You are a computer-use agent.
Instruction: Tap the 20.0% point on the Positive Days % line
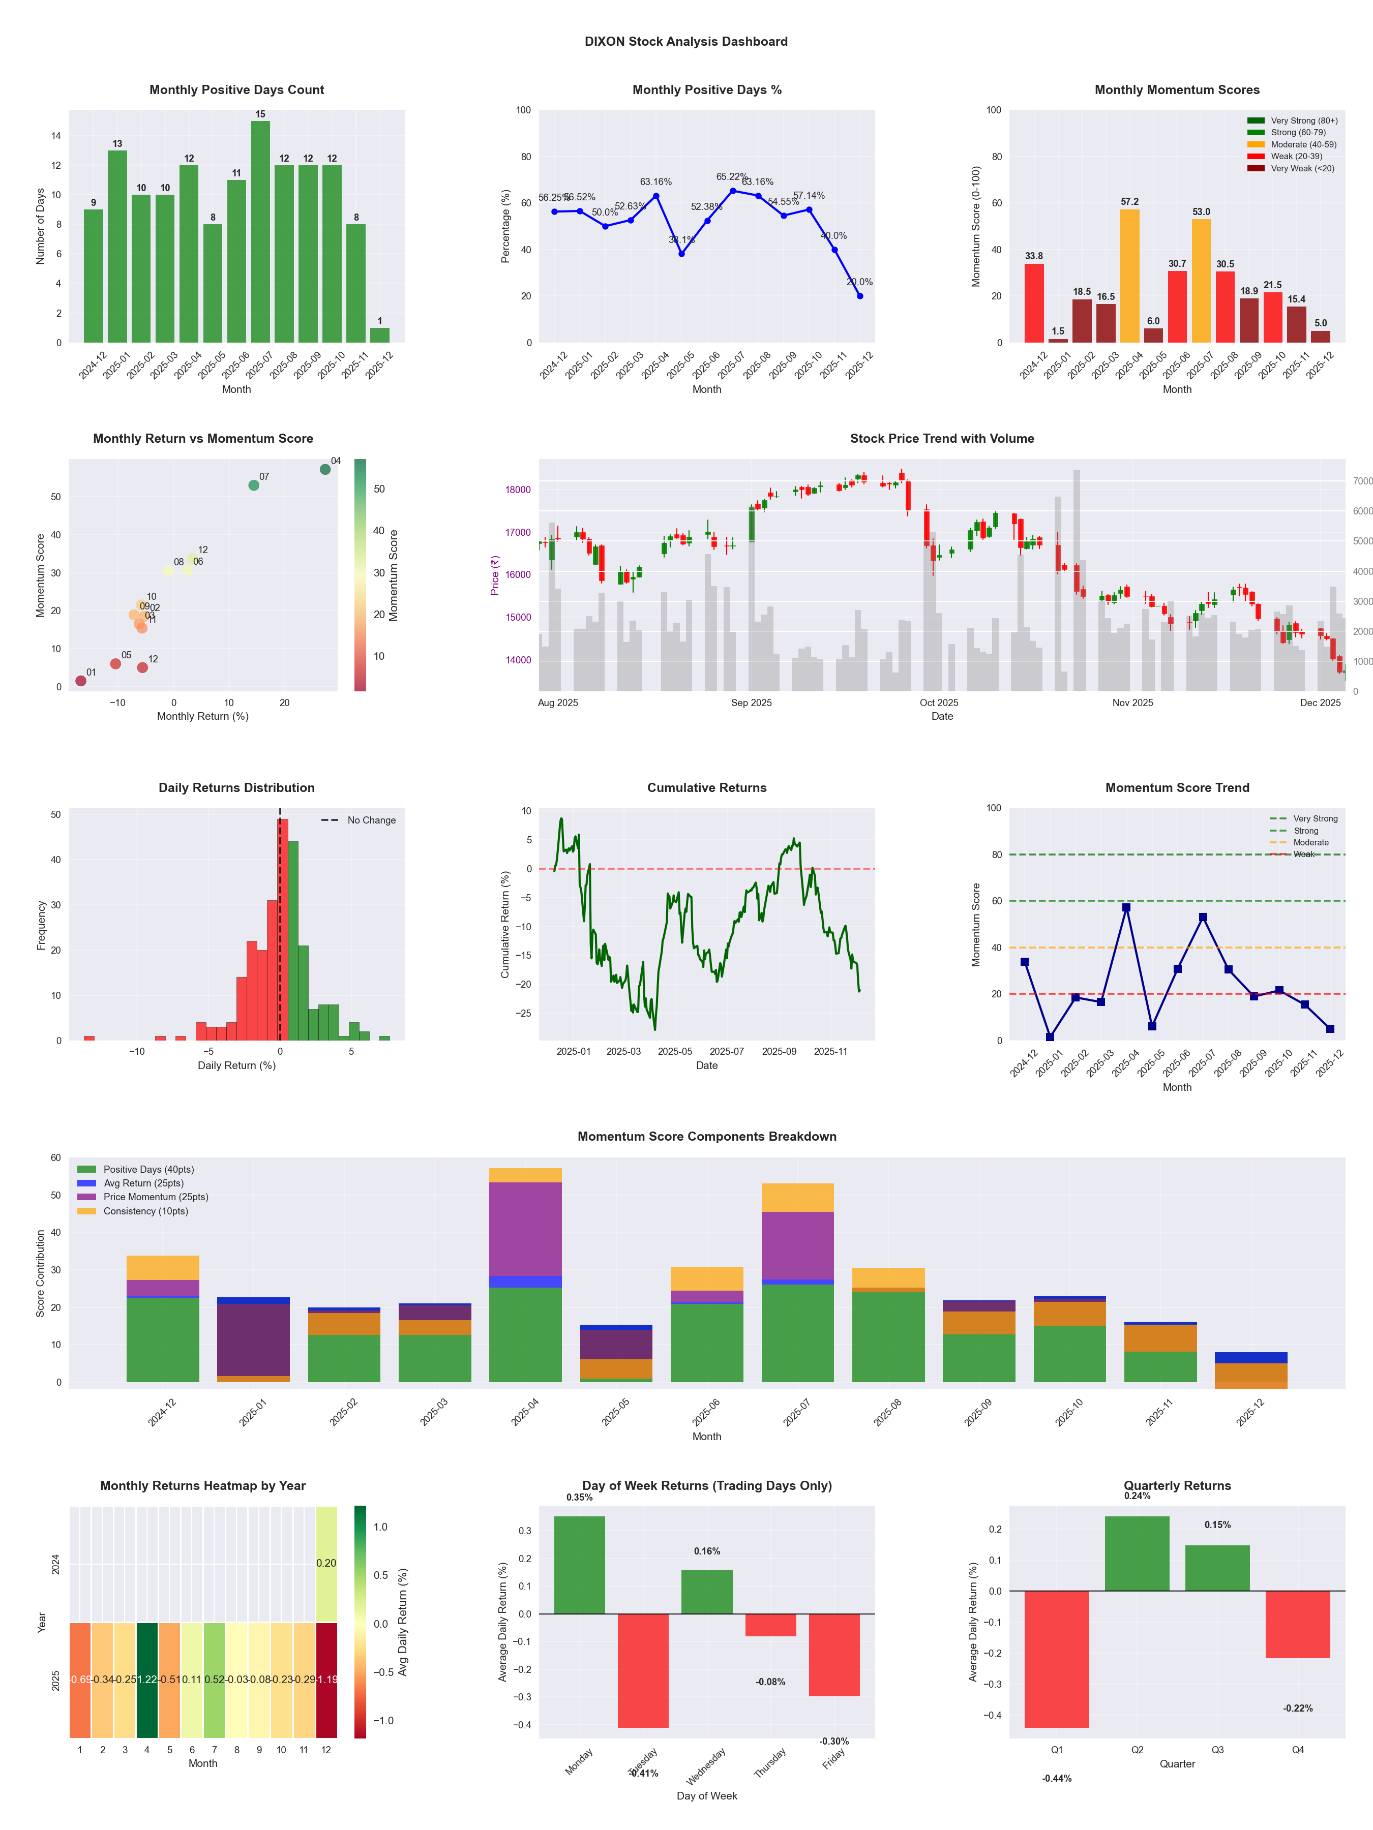[x=860, y=295]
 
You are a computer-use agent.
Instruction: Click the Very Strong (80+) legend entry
[x=1303, y=121]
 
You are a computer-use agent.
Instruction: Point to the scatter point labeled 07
[x=254, y=485]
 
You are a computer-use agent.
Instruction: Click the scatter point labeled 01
[x=81, y=681]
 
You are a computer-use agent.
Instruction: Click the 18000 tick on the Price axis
[x=518, y=490]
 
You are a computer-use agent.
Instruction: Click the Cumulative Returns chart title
[x=707, y=787]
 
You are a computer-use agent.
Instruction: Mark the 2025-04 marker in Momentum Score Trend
[x=1126, y=907]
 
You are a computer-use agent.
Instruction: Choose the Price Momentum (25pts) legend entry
[x=156, y=1197]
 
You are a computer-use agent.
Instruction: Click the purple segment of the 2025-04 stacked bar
[x=525, y=1229]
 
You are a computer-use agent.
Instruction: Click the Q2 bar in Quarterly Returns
[x=1137, y=1553]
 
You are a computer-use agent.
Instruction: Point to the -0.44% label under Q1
[x=1057, y=1779]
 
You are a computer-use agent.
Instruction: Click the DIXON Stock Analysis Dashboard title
[x=686, y=41]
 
